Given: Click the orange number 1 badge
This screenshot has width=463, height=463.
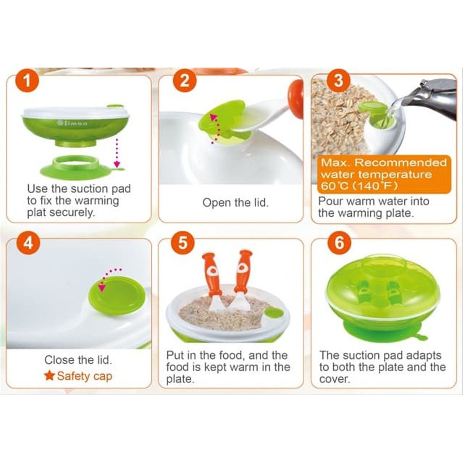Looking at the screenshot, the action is (x=27, y=81).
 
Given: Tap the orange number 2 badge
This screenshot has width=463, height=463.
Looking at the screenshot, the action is (x=185, y=80).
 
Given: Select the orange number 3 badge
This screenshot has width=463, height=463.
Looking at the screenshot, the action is (x=338, y=81).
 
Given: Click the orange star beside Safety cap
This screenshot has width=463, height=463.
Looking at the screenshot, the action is (x=50, y=375).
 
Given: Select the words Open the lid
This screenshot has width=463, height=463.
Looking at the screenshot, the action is (x=236, y=203).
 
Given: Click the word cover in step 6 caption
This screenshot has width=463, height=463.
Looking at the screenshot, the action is (x=335, y=379).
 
